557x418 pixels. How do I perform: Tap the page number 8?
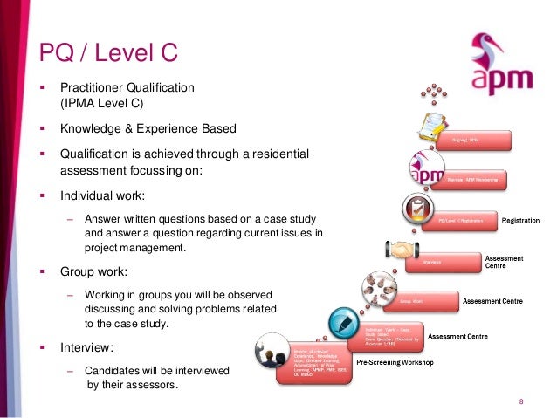tap(520, 401)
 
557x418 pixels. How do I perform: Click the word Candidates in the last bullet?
tap(113, 371)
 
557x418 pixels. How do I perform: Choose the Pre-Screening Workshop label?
tap(394, 360)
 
